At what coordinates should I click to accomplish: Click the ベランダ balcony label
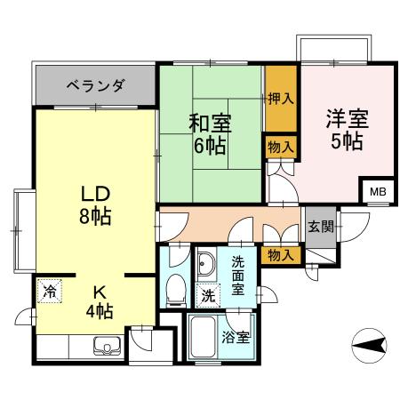point(95,86)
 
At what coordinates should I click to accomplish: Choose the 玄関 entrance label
point(321,226)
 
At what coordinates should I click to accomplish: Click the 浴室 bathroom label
point(236,338)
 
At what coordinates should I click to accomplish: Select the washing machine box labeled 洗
point(206,294)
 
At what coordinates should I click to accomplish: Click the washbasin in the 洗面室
point(205,264)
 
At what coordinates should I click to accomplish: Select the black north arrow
point(369,342)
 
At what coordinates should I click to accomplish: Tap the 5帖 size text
point(347,142)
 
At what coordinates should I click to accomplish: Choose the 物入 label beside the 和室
point(280,146)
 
